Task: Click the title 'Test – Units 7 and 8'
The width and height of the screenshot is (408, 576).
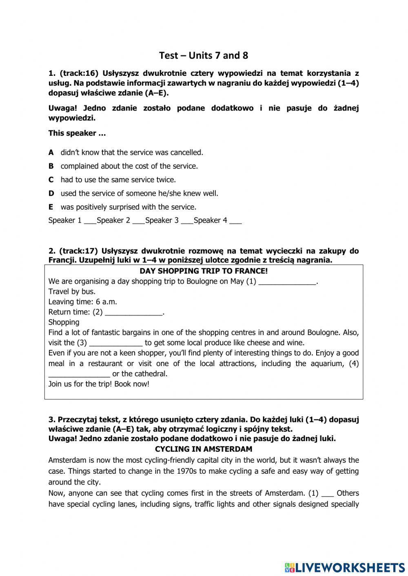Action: [203, 55]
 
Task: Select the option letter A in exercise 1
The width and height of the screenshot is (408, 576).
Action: [51, 152]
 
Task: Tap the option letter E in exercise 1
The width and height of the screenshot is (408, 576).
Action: [51, 207]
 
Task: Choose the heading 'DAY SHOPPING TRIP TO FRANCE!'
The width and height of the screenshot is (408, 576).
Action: [204, 271]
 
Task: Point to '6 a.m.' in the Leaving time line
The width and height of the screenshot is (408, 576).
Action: [106, 302]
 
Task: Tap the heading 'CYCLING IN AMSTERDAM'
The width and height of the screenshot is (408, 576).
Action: [204, 449]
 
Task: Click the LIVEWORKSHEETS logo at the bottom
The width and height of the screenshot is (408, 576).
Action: [344, 567]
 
